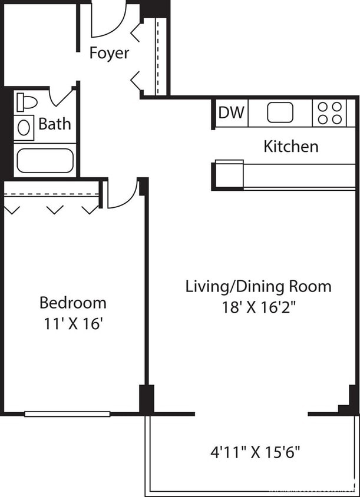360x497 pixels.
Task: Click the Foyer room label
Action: pyautogui.click(x=109, y=53)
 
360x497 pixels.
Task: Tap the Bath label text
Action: pyautogui.click(x=55, y=124)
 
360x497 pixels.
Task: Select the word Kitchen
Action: pyautogui.click(x=291, y=146)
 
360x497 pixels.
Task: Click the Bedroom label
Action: pyautogui.click(x=73, y=303)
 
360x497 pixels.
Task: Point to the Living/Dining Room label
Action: pyautogui.click(x=258, y=287)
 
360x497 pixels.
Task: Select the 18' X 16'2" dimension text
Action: pyautogui.click(x=258, y=307)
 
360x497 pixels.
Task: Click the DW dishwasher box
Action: pyautogui.click(x=231, y=112)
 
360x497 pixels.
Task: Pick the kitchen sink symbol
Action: pyautogui.click(x=280, y=112)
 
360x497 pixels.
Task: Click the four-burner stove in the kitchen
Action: pyautogui.click(x=329, y=112)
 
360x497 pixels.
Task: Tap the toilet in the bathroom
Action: pyautogui.click(x=26, y=102)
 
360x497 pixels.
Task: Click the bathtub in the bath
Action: pyautogui.click(x=45, y=160)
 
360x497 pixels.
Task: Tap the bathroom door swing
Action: pyautogui.click(x=61, y=95)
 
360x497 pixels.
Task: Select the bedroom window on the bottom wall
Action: pyautogui.click(x=67, y=414)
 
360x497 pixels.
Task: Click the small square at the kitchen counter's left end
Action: pyautogui.click(x=229, y=174)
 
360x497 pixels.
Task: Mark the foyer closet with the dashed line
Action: pyautogui.click(x=160, y=56)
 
